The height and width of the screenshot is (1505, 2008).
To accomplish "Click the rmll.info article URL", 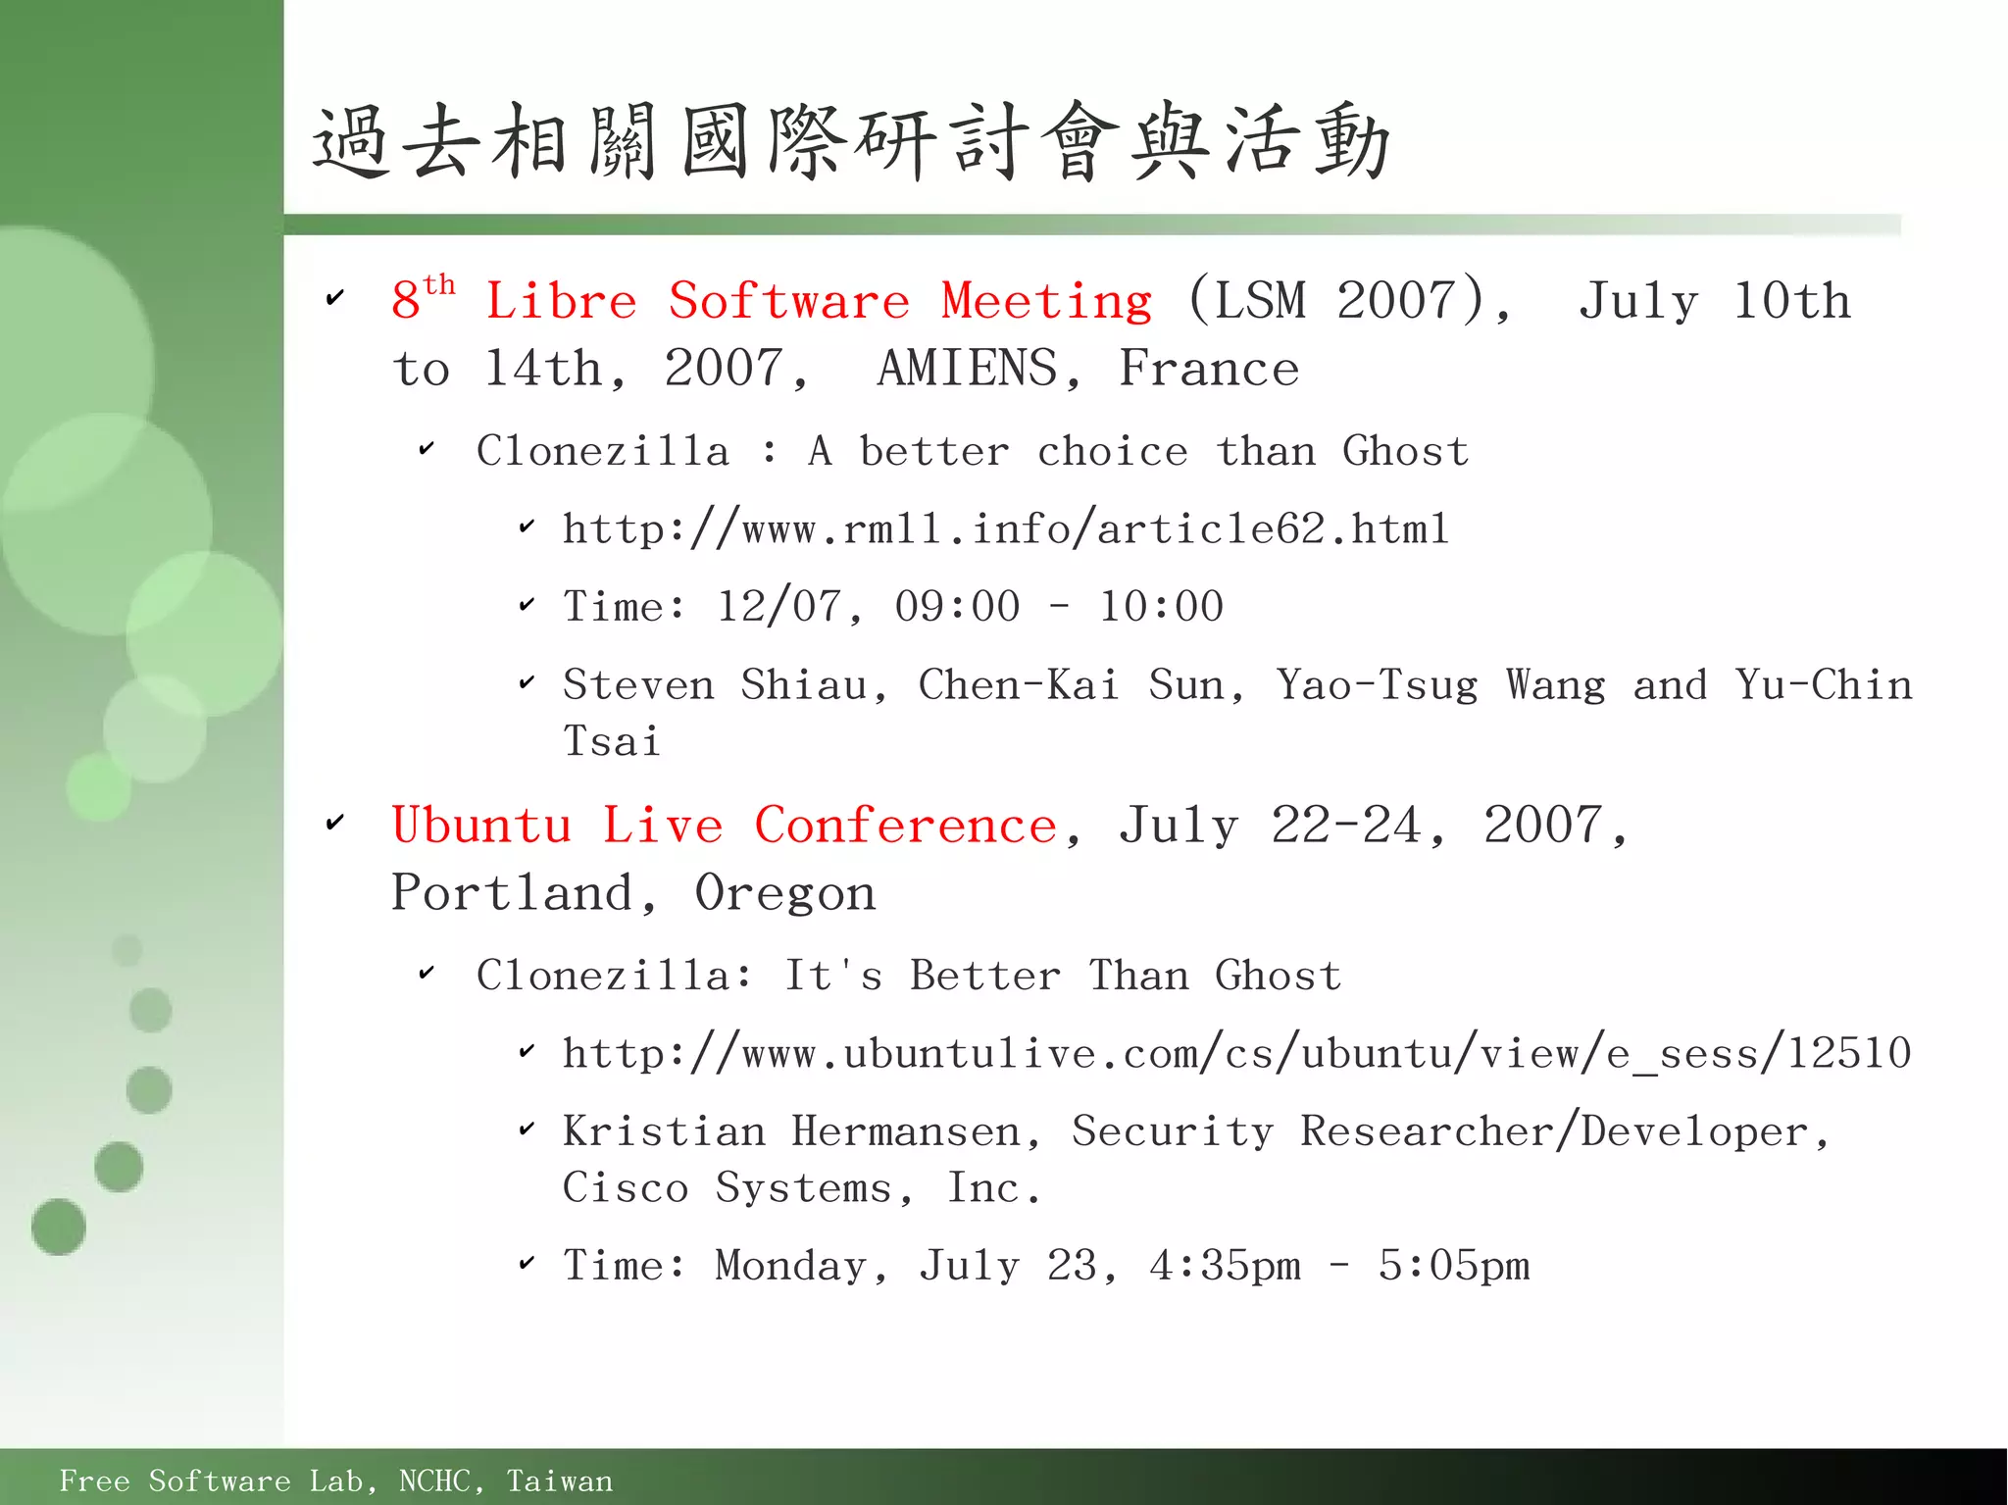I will coord(1005,530).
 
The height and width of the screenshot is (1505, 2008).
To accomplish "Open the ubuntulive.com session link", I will coord(1236,1054).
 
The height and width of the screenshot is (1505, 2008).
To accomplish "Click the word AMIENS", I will coord(967,370).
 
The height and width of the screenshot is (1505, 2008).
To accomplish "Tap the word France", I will coord(1209,370).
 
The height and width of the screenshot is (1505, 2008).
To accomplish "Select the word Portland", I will coord(512,893).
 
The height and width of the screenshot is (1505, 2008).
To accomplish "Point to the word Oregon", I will coord(784,893).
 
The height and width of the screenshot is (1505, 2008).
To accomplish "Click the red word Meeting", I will coord(1046,301).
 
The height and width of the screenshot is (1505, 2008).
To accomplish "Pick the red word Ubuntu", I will coord(480,826).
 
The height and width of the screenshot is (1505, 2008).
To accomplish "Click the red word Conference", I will coord(905,826).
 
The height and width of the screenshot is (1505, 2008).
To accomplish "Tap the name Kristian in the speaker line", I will coord(664,1132).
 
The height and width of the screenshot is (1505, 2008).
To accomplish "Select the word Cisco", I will coord(626,1188).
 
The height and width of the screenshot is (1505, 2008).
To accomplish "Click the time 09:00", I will coord(957,607).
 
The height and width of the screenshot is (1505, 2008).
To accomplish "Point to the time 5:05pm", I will coord(1453,1266).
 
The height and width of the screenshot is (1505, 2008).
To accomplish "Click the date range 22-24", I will coord(1345,826).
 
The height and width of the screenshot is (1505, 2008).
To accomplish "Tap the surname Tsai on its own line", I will coord(612,741).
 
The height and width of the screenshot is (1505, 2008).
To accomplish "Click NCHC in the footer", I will coord(434,1480).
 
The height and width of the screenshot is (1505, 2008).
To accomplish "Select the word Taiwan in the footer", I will coord(559,1480).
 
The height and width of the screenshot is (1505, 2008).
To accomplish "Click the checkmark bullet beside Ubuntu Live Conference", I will coord(335,823).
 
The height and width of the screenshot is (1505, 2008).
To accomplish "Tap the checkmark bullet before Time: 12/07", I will coord(527,605).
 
